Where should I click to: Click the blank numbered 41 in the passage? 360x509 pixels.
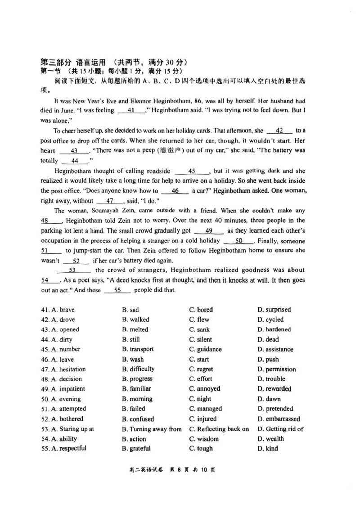point(131,111)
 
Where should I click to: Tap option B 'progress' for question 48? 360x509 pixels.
point(137,379)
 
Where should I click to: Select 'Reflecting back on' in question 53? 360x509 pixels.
point(219,429)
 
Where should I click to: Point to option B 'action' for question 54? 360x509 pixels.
point(134,439)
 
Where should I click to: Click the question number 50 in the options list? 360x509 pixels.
point(45,399)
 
